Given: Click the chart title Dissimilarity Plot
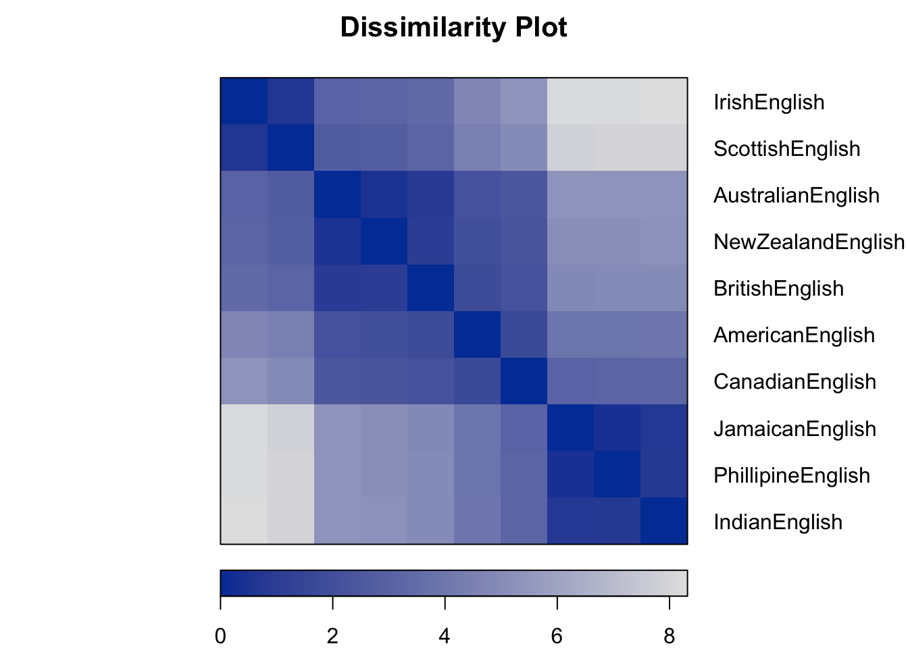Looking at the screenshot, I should (x=453, y=28).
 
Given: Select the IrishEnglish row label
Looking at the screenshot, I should (x=769, y=103).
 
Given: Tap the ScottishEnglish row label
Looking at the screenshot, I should (x=786, y=149).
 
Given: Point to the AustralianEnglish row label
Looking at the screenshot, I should (x=797, y=196).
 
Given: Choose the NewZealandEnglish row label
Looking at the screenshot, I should (x=809, y=242).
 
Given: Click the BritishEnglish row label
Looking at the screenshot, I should (x=778, y=289).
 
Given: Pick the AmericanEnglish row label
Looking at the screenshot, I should (x=794, y=335).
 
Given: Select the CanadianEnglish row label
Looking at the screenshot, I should (x=794, y=382).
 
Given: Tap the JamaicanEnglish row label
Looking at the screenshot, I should (x=794, y=429).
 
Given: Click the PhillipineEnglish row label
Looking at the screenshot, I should (x=792, y=476).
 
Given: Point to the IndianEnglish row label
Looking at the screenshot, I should (x=778, y=522).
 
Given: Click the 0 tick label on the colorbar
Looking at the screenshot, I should (x=220, y=636).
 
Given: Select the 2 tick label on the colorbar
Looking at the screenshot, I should (x=332, y=636).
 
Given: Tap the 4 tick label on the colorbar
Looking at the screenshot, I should (x=445, y=636).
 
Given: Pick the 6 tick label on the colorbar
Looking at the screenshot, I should (x=557, y=636).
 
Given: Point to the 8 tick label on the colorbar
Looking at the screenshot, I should (x=669, y=636).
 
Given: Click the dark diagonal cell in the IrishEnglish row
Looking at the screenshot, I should (x=244, y=101).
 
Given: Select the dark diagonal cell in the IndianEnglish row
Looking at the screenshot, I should (x=664, y=520).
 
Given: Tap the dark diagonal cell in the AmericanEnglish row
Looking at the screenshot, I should (x=477, y=334).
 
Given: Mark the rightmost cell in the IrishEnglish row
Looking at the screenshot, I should (x=664, y=101).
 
